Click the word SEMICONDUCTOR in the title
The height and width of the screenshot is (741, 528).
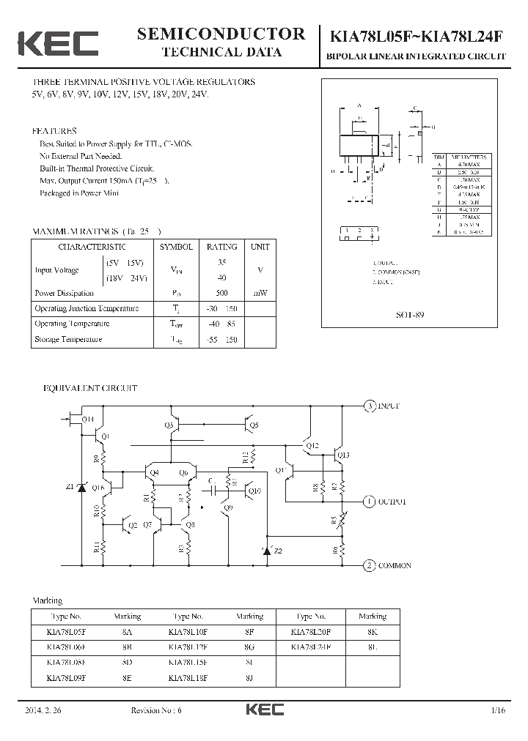pyautogui.click(x=221, y=34)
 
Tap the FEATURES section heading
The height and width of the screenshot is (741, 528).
pyautogui.click(x=54, y=131)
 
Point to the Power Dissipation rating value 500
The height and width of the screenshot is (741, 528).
pyautogui.click(x=221, y=293)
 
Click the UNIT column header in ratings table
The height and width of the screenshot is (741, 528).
pyautogui.click(x=260, y=247)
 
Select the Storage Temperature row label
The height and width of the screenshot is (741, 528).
pyautogui.click(x=68, y=339)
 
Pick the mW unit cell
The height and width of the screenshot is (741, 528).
pyautogui.click(x=260, y=293)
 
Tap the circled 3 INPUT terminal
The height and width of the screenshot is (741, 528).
pyautogui.click(x=371, y=405)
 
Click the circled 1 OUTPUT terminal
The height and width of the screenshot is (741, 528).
pyautogui.click(x=371, y=502)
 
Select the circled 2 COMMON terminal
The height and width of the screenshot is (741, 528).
pyautogui.click(x=371, y=565)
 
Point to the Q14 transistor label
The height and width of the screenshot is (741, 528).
pyautogui.click(x=87, y=420)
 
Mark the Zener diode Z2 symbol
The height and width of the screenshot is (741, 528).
pyautogui.click(x=268, y=551)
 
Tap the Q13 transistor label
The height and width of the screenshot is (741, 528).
pyautogui.click(x=343, y=455)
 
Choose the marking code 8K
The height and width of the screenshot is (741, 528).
pyautogui.click(x=373, y=631)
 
